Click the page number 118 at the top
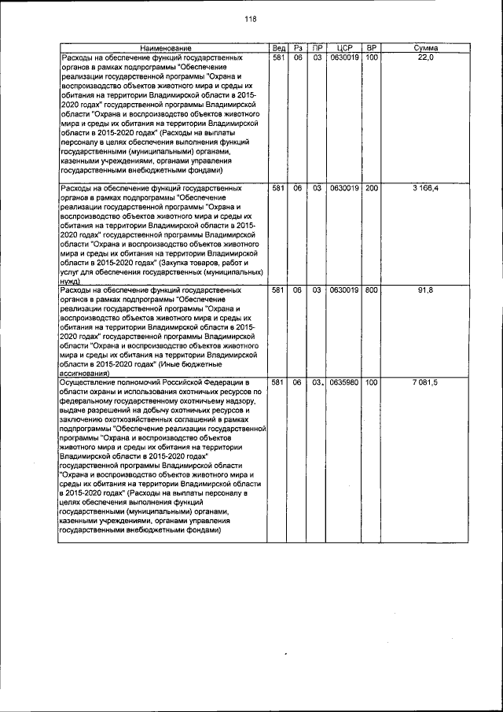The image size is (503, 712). click(251, 20)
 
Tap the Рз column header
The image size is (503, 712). click(298, 50)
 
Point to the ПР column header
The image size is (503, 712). click(317, 50)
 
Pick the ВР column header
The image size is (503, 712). click(372, 50)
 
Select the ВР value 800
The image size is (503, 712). click(372, 290)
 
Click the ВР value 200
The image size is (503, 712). click(372, 189)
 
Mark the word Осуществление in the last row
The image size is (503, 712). click(92, 382)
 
